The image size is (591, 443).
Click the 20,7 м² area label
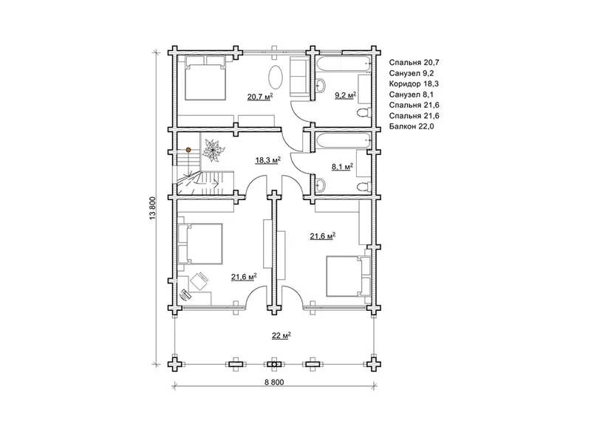click(260, 97)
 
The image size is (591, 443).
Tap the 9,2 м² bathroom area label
click(346, 95)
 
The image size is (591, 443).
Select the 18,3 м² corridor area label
click(268, 160)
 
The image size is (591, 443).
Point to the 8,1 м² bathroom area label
click(342, 167)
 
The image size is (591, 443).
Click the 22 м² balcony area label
click(281, 335)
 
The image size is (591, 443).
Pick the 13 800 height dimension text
click(153, 208)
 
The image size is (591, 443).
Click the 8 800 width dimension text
click(274, 382)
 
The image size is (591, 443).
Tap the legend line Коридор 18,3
click(414, 84)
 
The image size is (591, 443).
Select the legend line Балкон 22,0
click(411, 126)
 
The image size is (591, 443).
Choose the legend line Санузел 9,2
click(411, 73)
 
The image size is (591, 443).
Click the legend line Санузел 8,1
click(411, 95)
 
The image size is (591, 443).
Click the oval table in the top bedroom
click(275, 77)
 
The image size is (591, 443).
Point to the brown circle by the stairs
click(188, 150)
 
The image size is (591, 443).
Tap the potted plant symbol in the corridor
click(213, 151)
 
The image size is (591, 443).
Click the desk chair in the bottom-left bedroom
click(199, 281)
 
